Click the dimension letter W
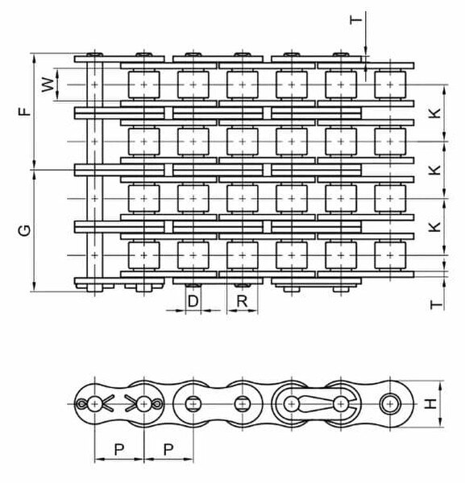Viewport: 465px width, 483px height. [x=48, y=85]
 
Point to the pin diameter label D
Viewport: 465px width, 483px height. [x=193, y=301]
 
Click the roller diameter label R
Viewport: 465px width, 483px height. [x=242, y=301]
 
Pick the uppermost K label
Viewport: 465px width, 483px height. [x=435, y=113]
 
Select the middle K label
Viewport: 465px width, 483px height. [x=435, y=169]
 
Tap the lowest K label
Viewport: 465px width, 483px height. [x=435, y=227]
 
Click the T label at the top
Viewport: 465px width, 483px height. [x=355, y=20]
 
